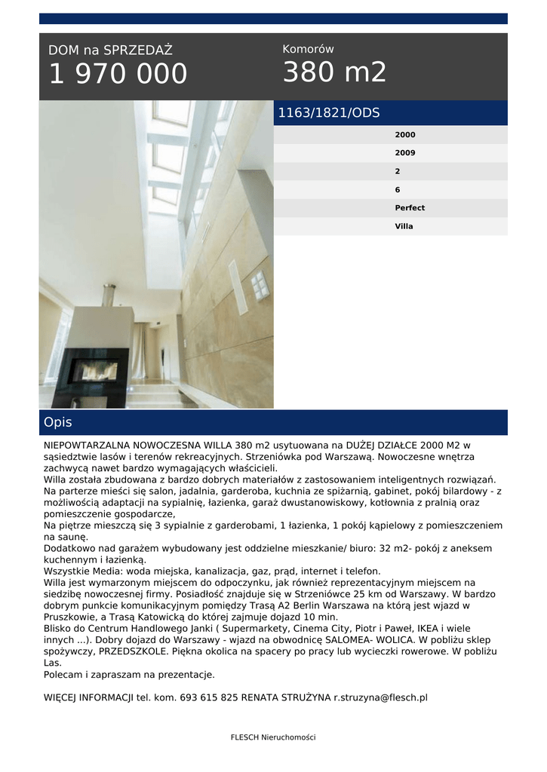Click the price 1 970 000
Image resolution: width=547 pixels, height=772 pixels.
pyautogui.click(x=118, y=75)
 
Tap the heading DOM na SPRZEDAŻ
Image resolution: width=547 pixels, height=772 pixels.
pyautogui.click(x=110, y=51)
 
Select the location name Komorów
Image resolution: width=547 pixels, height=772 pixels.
pyautogui.click(x=308, y=49)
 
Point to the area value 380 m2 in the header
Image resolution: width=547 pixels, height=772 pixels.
pyautogui.click(x=334, y=72)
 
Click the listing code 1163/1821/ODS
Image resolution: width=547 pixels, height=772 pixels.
pyautogui.click(x=329, y=113)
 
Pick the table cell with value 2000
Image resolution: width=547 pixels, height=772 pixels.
pyautogui.click(x=405, y=135)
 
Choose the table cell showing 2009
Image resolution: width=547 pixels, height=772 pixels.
pyautogui.click(x=405, y=153)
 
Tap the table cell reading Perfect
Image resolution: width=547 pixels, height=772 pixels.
pyautogui.click(x=410, y=208)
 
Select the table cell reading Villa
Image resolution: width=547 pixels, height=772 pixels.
pyautogui.click(x=404, y=226)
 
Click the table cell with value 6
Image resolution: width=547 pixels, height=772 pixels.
pyautogui.click(x=398, y=190)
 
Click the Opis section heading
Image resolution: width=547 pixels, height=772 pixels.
pyautogui.click(x=58, y=422)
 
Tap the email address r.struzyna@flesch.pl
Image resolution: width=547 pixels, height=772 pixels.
pyautogui.click(x=380, y=698)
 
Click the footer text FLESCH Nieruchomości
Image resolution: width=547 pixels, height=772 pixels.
pyautogui.click(x=273, y=737)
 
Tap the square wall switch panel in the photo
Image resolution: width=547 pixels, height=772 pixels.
pyautogui.click(x=259, y=285)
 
